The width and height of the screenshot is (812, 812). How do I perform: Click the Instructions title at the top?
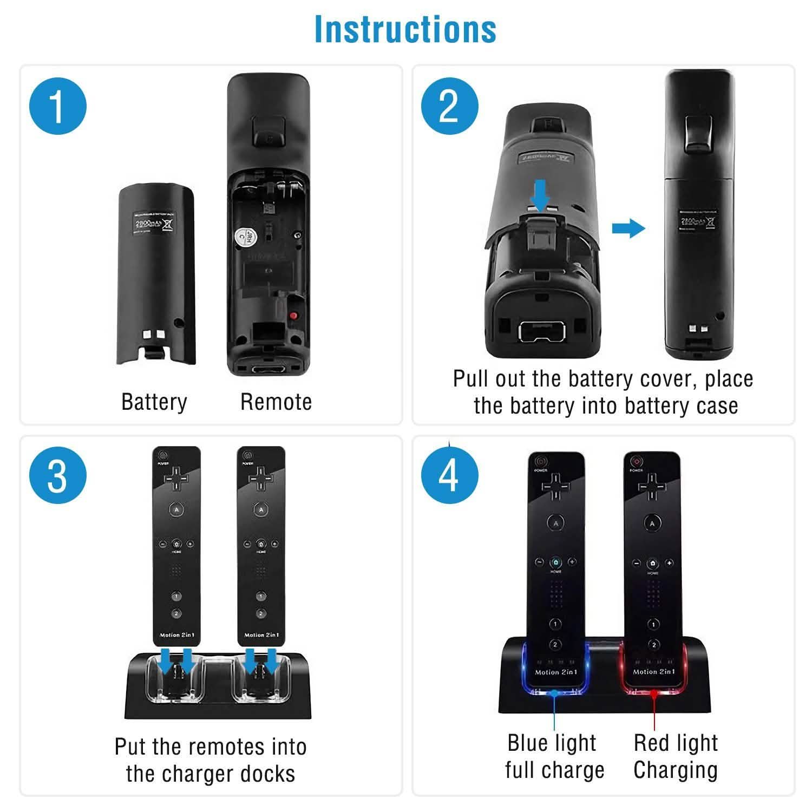pos(405,29)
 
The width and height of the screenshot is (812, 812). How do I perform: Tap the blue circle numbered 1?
pos(57,106)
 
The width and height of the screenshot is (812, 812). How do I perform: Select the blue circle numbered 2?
pos(449,106)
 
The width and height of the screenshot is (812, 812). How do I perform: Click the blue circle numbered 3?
pos(57,476)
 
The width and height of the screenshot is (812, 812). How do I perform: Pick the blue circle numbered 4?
pos(449,476)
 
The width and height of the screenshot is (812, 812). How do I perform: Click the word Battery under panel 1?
pos(154,402)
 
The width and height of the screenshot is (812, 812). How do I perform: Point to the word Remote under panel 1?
pos(276,402)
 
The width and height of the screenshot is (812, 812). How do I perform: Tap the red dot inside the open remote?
pos(293,316)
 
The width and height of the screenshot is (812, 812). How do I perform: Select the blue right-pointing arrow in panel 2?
pos(628,228)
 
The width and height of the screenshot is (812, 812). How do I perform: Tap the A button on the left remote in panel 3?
pos(176,509)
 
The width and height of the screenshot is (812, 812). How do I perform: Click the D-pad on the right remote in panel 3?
pos(261,478)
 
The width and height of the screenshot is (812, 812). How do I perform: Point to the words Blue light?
pos(552,743)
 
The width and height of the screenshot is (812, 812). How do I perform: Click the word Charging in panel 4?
pos(676,770)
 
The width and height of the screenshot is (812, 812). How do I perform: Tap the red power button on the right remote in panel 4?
pos(636,461)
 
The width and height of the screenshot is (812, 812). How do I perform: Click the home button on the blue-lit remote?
pos(556,562)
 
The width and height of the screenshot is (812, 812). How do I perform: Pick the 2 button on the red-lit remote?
pos(654,644)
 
